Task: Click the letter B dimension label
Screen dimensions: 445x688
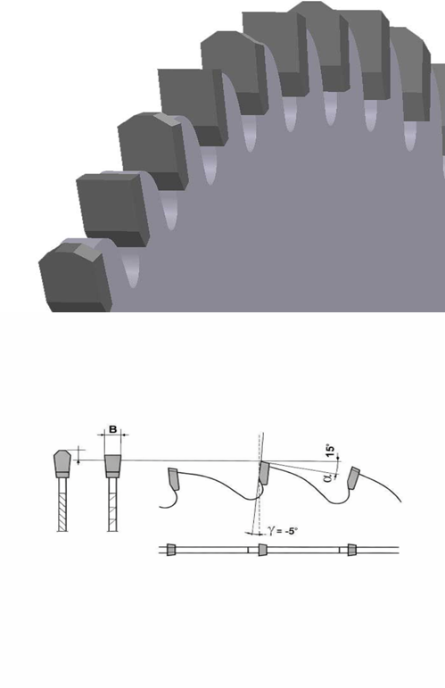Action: coord(112,429)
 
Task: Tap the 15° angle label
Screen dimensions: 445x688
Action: coord(331,452)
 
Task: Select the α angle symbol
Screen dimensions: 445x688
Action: coord(327,477)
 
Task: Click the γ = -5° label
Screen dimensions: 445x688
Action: coord(283,531)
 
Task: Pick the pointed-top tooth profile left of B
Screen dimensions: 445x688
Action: coord(62,463)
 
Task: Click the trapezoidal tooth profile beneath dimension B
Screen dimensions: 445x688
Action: coord(112,466)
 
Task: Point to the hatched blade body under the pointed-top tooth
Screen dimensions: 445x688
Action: coord(62,504)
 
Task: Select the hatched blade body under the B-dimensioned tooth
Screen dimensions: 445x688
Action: coord(112,504)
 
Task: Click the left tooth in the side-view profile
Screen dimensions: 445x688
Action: coord(174,478)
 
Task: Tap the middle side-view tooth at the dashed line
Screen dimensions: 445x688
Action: coord(263,473)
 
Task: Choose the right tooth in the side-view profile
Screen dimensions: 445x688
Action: coord(353,478)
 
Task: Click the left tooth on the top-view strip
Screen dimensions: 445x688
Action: coord(171,550)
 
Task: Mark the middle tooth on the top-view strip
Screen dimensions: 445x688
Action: coord(262,550)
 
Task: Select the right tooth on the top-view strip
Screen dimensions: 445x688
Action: coord(351,550)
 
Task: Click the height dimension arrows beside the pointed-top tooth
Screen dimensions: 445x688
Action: coord(78,455)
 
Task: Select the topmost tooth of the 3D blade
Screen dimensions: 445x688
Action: coord(318,46)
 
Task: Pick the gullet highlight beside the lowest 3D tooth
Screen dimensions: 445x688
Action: coord(131,268)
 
